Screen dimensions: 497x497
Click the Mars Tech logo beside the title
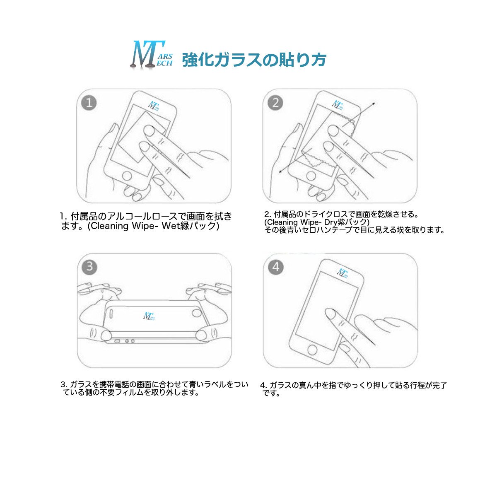152,55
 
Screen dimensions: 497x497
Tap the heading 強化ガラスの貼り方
254,60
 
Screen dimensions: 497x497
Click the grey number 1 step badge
89,103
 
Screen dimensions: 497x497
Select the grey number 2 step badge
275,103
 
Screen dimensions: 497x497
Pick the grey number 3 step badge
89,267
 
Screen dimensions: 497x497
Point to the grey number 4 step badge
276,267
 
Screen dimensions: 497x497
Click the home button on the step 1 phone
127,176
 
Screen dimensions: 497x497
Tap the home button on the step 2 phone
311,177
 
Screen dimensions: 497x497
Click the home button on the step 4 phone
313,350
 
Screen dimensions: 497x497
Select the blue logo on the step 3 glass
149,316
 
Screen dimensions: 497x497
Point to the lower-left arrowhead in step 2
281,171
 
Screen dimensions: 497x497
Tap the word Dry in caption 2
331,222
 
